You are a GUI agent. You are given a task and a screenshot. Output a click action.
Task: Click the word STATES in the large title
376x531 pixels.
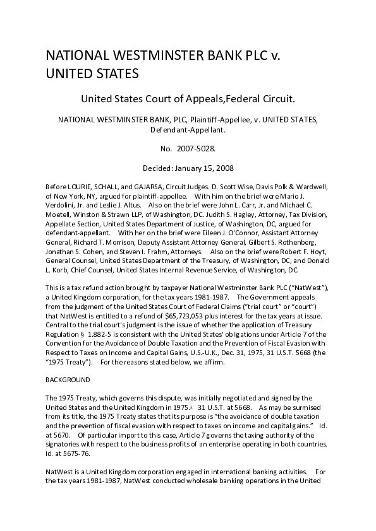coord(111,74)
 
